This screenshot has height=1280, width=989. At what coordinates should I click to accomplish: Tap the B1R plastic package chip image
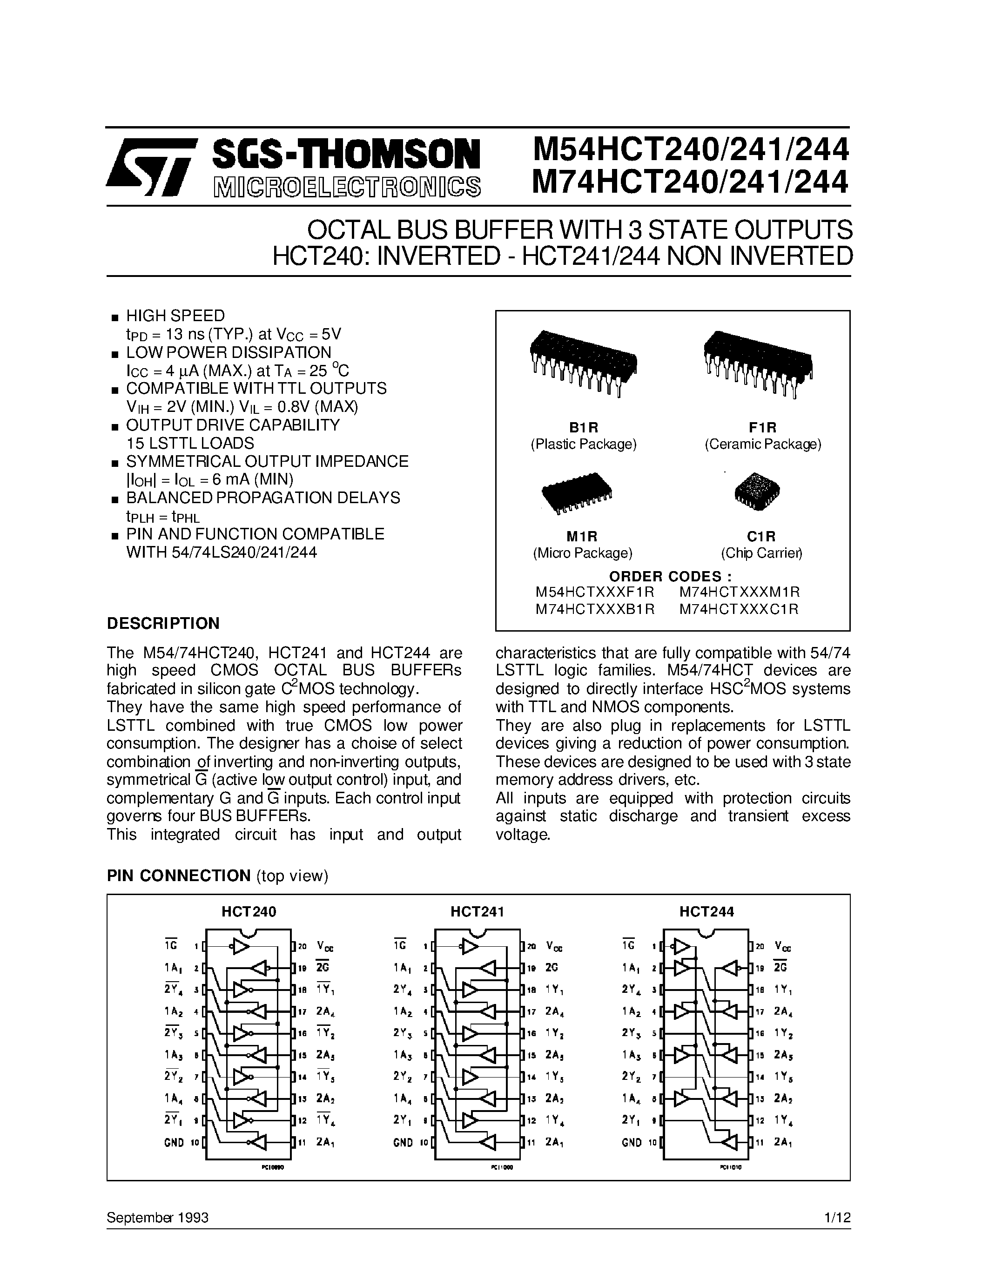click(x=583, y=363)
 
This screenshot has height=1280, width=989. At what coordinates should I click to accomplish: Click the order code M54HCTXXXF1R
click(x=594, y=592)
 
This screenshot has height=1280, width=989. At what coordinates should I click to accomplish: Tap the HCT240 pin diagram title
click(x=249, y=911)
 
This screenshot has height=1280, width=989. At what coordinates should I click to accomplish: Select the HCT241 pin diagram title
click(x=477, y=911)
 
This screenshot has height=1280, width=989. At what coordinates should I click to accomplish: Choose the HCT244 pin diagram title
click(x=706, y=911)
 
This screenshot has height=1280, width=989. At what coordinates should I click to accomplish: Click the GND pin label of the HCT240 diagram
click(x=174, y=1142)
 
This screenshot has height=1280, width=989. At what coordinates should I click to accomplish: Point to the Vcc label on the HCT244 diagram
click(x=782, y=946)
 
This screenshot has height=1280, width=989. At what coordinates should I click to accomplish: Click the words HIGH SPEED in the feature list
click(x=175, y=316)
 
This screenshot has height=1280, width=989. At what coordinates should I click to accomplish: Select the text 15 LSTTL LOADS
click(x=190, y=443)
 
